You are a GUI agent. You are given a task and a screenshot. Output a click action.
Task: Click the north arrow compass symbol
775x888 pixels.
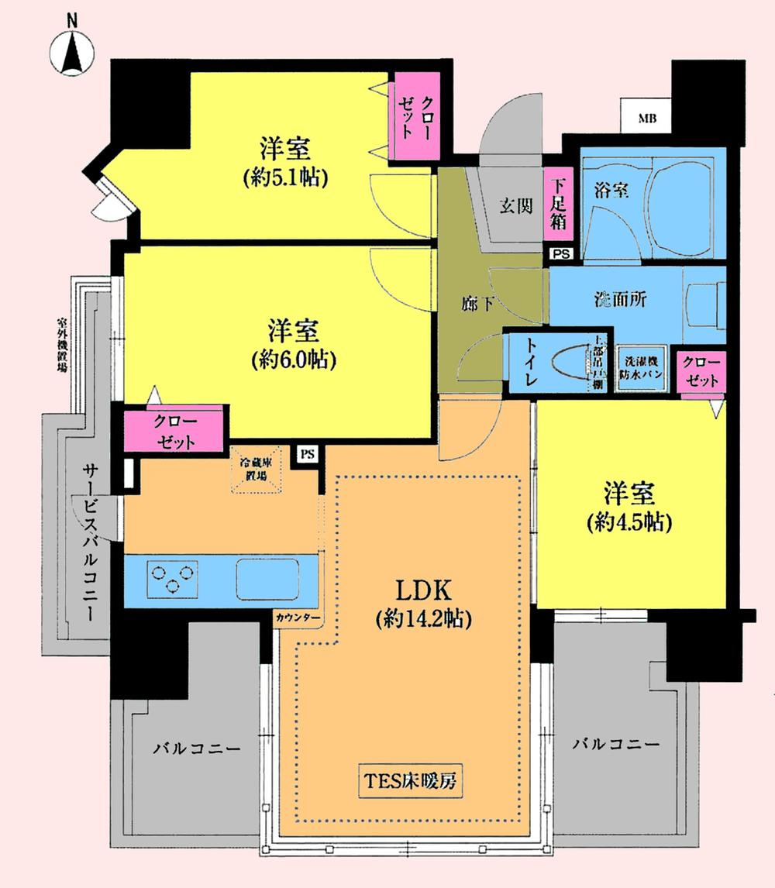pos(72,53)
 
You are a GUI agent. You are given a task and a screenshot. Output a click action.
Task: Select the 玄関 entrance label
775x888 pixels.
pos(515,207)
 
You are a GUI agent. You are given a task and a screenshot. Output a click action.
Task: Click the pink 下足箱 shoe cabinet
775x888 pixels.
pos(558,205)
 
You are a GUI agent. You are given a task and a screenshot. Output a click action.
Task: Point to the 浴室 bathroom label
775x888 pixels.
pos(610,188)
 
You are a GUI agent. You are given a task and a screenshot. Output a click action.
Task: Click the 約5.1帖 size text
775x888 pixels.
pos(285,177)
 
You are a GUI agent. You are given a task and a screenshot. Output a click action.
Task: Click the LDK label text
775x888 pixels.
pos(424,590)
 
